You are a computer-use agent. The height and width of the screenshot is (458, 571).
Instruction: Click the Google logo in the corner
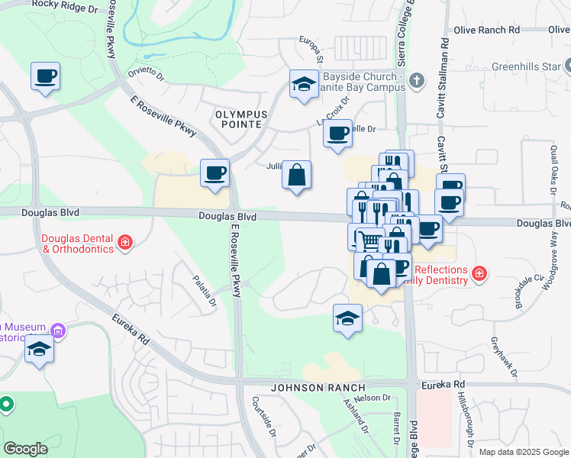25,449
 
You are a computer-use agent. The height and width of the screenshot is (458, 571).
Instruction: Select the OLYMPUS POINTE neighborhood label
240,118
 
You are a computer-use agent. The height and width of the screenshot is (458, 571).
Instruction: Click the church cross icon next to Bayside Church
416,80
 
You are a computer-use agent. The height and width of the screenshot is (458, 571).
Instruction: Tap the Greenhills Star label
524,66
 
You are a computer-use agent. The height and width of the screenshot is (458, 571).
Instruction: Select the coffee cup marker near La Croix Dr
337,134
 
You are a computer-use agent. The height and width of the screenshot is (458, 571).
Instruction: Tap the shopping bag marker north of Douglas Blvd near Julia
296,175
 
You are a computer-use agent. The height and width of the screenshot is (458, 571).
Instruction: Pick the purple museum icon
58,331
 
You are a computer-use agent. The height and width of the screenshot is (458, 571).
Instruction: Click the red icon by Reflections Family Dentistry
479,273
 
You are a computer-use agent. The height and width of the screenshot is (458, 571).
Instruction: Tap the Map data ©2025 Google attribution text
523,451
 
